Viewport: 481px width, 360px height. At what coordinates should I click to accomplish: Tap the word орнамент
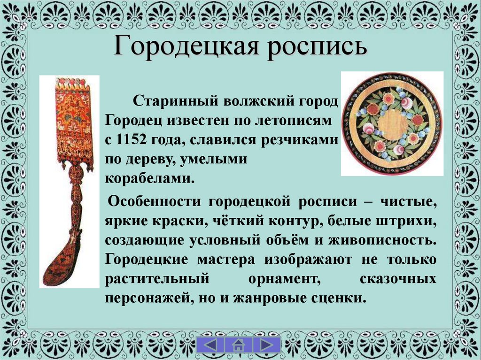[281, 279]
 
